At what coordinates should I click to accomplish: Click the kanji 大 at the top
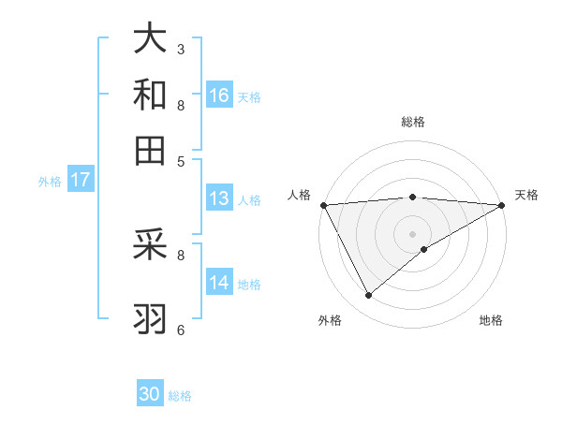point(150,38)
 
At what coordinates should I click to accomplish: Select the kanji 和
point(150,95)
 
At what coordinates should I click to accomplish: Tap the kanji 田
point(150,150)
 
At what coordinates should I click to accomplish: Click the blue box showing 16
point(219,95)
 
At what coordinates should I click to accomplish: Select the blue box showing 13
point(219,198)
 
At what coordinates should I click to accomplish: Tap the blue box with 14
point(219,283)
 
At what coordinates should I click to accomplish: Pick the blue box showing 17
point(80,180)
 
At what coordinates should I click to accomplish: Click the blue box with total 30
point(150,394)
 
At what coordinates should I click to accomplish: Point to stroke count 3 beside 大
point(181,49)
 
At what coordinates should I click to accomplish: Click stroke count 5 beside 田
point(181,160)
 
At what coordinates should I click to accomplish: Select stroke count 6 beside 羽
point(181,330)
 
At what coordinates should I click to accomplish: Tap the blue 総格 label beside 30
point(180,396)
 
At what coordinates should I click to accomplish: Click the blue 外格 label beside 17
point(49,182)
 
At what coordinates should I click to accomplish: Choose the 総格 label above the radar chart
point(413,122)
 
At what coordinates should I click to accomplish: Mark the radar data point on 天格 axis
point(502,205)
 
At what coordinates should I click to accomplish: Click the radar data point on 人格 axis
point(323,205)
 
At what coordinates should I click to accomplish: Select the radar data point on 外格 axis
point(368,296)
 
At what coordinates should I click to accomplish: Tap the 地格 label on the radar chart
point(491,321)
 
